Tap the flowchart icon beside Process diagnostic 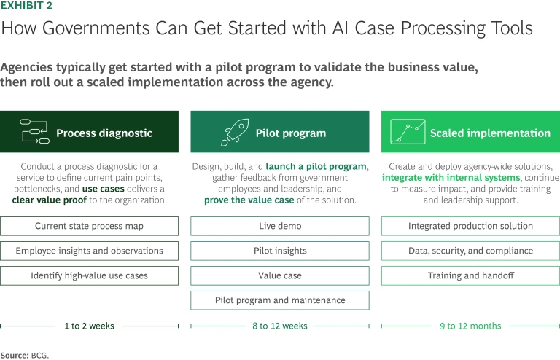click(35, 131)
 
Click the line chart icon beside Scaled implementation click(408, 132)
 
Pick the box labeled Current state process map click(90, 226)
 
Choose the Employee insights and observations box click(90, 251)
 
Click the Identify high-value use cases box click(90, 275)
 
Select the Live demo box click(280, 226)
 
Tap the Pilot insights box click(280, 251)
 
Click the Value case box click(280, 275)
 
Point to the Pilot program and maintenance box click(280, 300)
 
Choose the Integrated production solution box click(470, 226)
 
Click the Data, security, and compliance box click(470, 251)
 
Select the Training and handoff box click(470, 275)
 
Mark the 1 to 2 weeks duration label click(89, 326)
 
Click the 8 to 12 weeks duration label click(280, 326)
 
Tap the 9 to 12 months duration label click(470, 326)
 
